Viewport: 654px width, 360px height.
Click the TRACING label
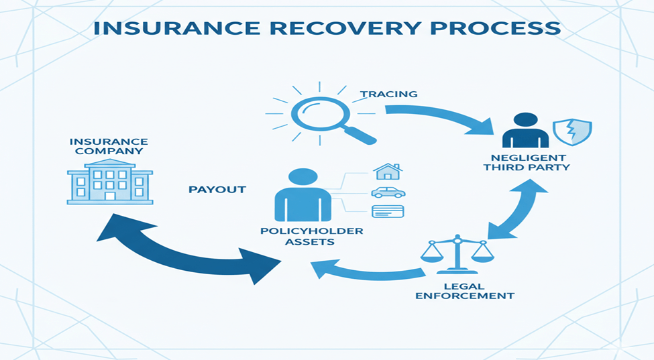[388, 95]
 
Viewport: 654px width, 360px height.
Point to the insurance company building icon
[109, 182]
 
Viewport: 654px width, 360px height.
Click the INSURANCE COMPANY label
[109, 146]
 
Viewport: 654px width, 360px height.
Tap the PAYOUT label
[217, 190]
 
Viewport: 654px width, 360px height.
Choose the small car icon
[388, 192]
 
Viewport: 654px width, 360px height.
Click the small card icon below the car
[388, 211]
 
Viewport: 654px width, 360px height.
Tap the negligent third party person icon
[525, 130]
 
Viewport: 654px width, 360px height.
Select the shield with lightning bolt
[571, 132]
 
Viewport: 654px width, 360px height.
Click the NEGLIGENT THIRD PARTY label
[527, 162]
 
